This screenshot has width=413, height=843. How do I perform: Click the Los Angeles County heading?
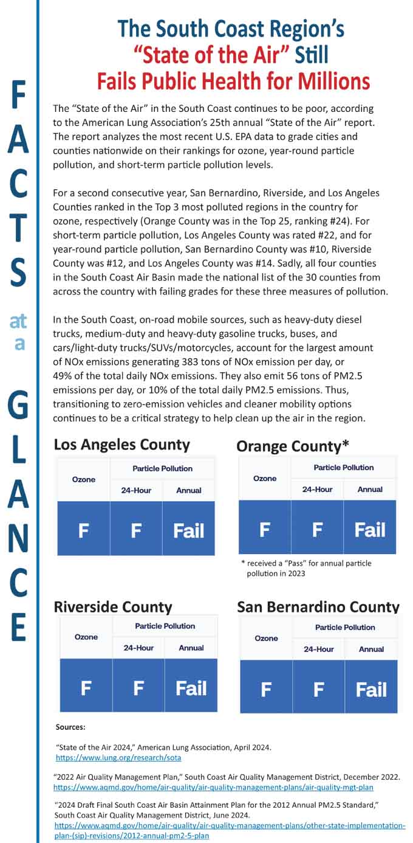pos(121,445)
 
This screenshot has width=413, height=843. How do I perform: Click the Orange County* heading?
pos(292,446)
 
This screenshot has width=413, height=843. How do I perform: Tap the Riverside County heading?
pos(113,606)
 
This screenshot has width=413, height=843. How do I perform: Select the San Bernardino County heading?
pos(318,607)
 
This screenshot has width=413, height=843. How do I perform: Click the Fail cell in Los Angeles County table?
pos(188,531)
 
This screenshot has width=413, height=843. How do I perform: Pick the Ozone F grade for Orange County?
pos(265,529)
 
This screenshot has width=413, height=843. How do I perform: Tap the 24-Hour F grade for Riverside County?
pos(138,689)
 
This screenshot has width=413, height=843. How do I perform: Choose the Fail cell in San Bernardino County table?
pos(370,690)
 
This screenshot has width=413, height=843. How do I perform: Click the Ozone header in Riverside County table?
pos(86,637)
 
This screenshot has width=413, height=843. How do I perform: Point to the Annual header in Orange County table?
pos(370,489)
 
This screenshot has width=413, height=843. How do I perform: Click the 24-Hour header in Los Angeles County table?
pos(136,490)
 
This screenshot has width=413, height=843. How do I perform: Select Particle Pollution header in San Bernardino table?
pos(345,627)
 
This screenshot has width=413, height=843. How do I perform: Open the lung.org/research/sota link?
pos(118,758)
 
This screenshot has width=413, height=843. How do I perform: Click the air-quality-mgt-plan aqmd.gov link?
pos(213,787)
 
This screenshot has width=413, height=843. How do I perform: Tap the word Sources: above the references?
pos(70,727)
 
